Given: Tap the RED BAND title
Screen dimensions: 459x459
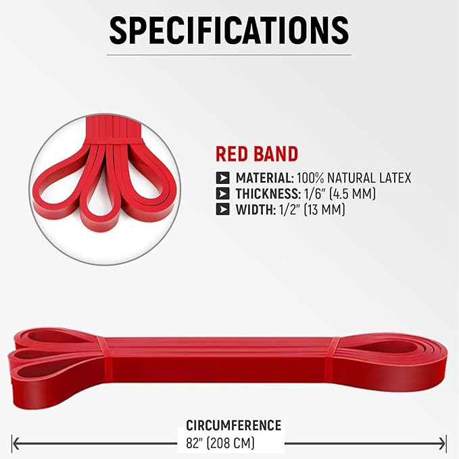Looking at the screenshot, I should tap(256, 153).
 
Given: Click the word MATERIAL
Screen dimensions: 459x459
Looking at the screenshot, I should tap(264, 178).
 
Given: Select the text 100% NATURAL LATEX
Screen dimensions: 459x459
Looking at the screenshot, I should tap(354, 178).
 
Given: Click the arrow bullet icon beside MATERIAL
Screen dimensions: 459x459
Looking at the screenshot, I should tap(222, 178).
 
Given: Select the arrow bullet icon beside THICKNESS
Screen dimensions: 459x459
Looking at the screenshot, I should tap(222, 194).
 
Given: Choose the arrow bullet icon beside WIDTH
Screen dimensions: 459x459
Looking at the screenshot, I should tap(222, 210).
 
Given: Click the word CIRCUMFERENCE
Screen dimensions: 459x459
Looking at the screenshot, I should tap(233, 425).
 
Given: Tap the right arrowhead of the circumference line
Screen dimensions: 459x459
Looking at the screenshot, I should tap(443, 443).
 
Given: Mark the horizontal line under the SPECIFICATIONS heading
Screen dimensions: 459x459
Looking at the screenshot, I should tap(229, 55).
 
